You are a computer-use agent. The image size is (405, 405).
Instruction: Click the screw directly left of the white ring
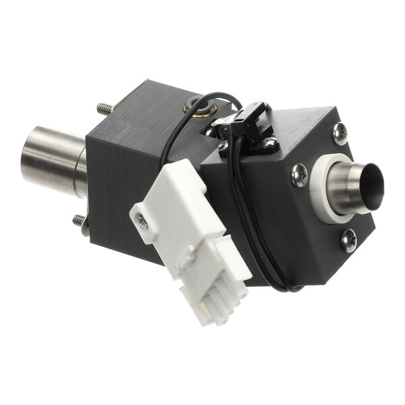click(299, 176)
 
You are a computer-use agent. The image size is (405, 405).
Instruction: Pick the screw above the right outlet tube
click(340, 134)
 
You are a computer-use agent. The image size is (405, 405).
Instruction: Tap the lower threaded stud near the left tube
click(80, 220)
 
